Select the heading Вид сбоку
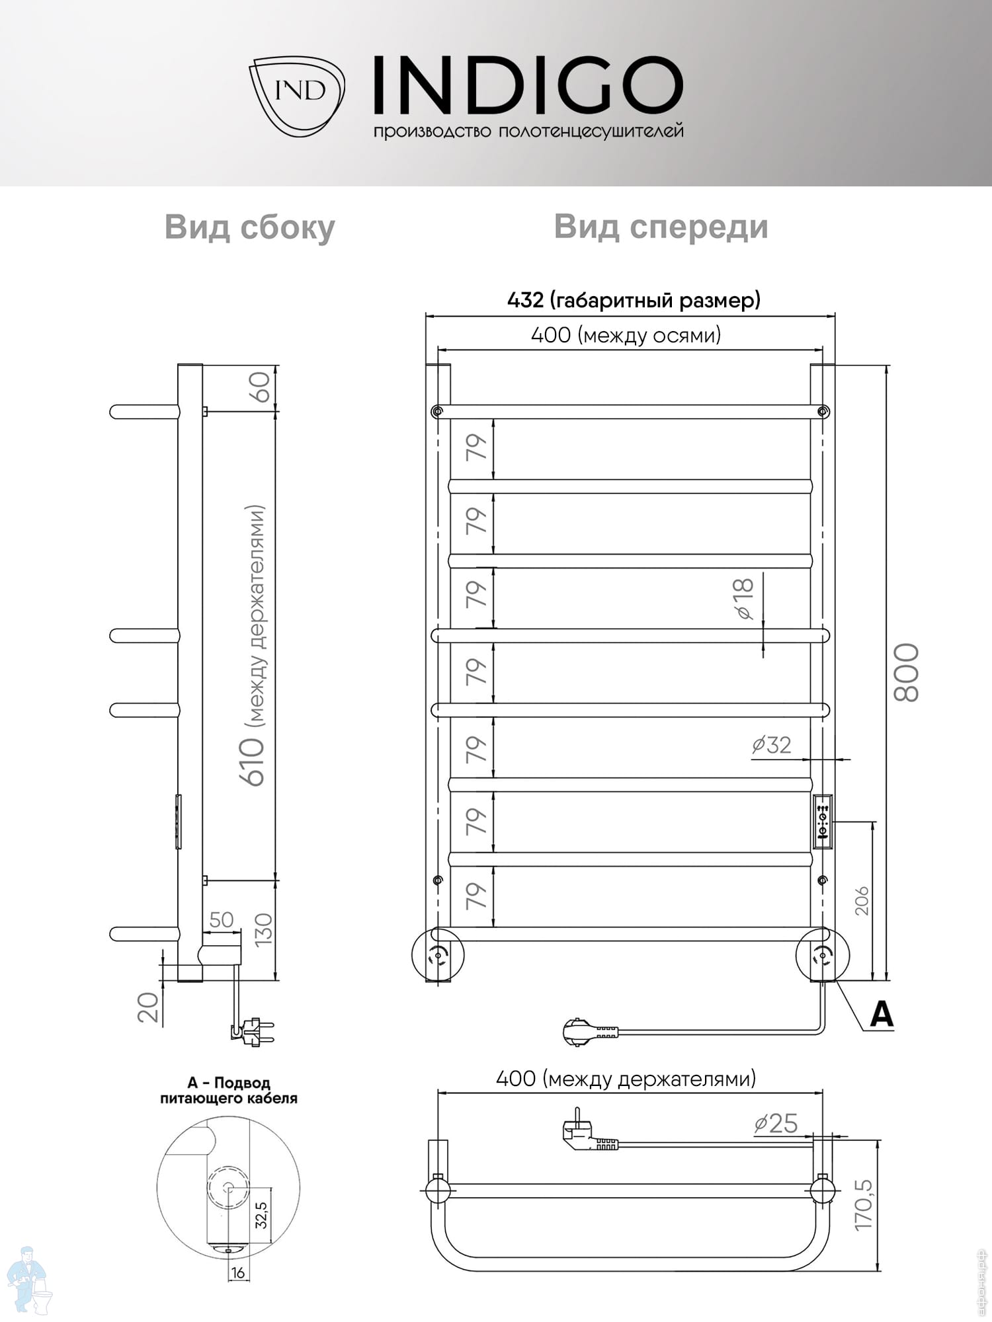click(x=250, y=228)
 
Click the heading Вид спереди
click(x=661, y=227)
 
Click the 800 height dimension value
click(x=907, y=672)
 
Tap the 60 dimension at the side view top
click(x=259, y=387)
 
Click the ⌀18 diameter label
click(x=744, y=598)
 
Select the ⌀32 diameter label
click(x=772, y=745)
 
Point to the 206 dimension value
click(x=862, y=901)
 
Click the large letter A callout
click(x=882, y=1014)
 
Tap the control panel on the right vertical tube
click(x=822, y=822)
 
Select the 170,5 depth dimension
click(x=863, y=1205)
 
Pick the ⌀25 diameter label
click(x=776, y=1124)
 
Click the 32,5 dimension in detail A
click(x=261, y=1215)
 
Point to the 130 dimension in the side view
click(x=263, y=929)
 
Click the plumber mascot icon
click(x=28, y=1280)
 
